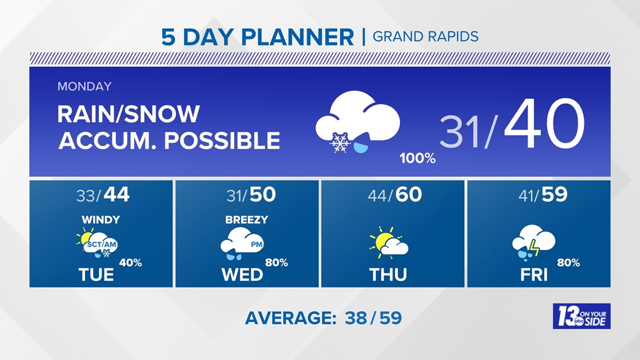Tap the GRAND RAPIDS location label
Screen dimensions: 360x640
click(x=426, y=37)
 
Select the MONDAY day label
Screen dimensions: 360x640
click(x=84, y=86)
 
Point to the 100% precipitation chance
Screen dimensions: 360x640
click(x=417, y=159)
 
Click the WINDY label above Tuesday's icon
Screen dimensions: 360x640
click(x=100, y=220)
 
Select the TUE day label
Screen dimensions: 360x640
click(x=97, y=274)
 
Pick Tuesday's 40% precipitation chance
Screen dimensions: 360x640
click(x=130, y=263)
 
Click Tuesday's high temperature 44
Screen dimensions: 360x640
click(x=117, y=195)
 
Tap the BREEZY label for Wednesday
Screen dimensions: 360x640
click(x=246, y=220)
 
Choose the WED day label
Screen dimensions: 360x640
click(x=242, y=274)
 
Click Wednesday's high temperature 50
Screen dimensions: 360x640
click(x=263, y=195)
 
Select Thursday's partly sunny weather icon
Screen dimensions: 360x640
click(x=388, y=243)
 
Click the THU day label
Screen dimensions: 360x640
click(x=388, y=274)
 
